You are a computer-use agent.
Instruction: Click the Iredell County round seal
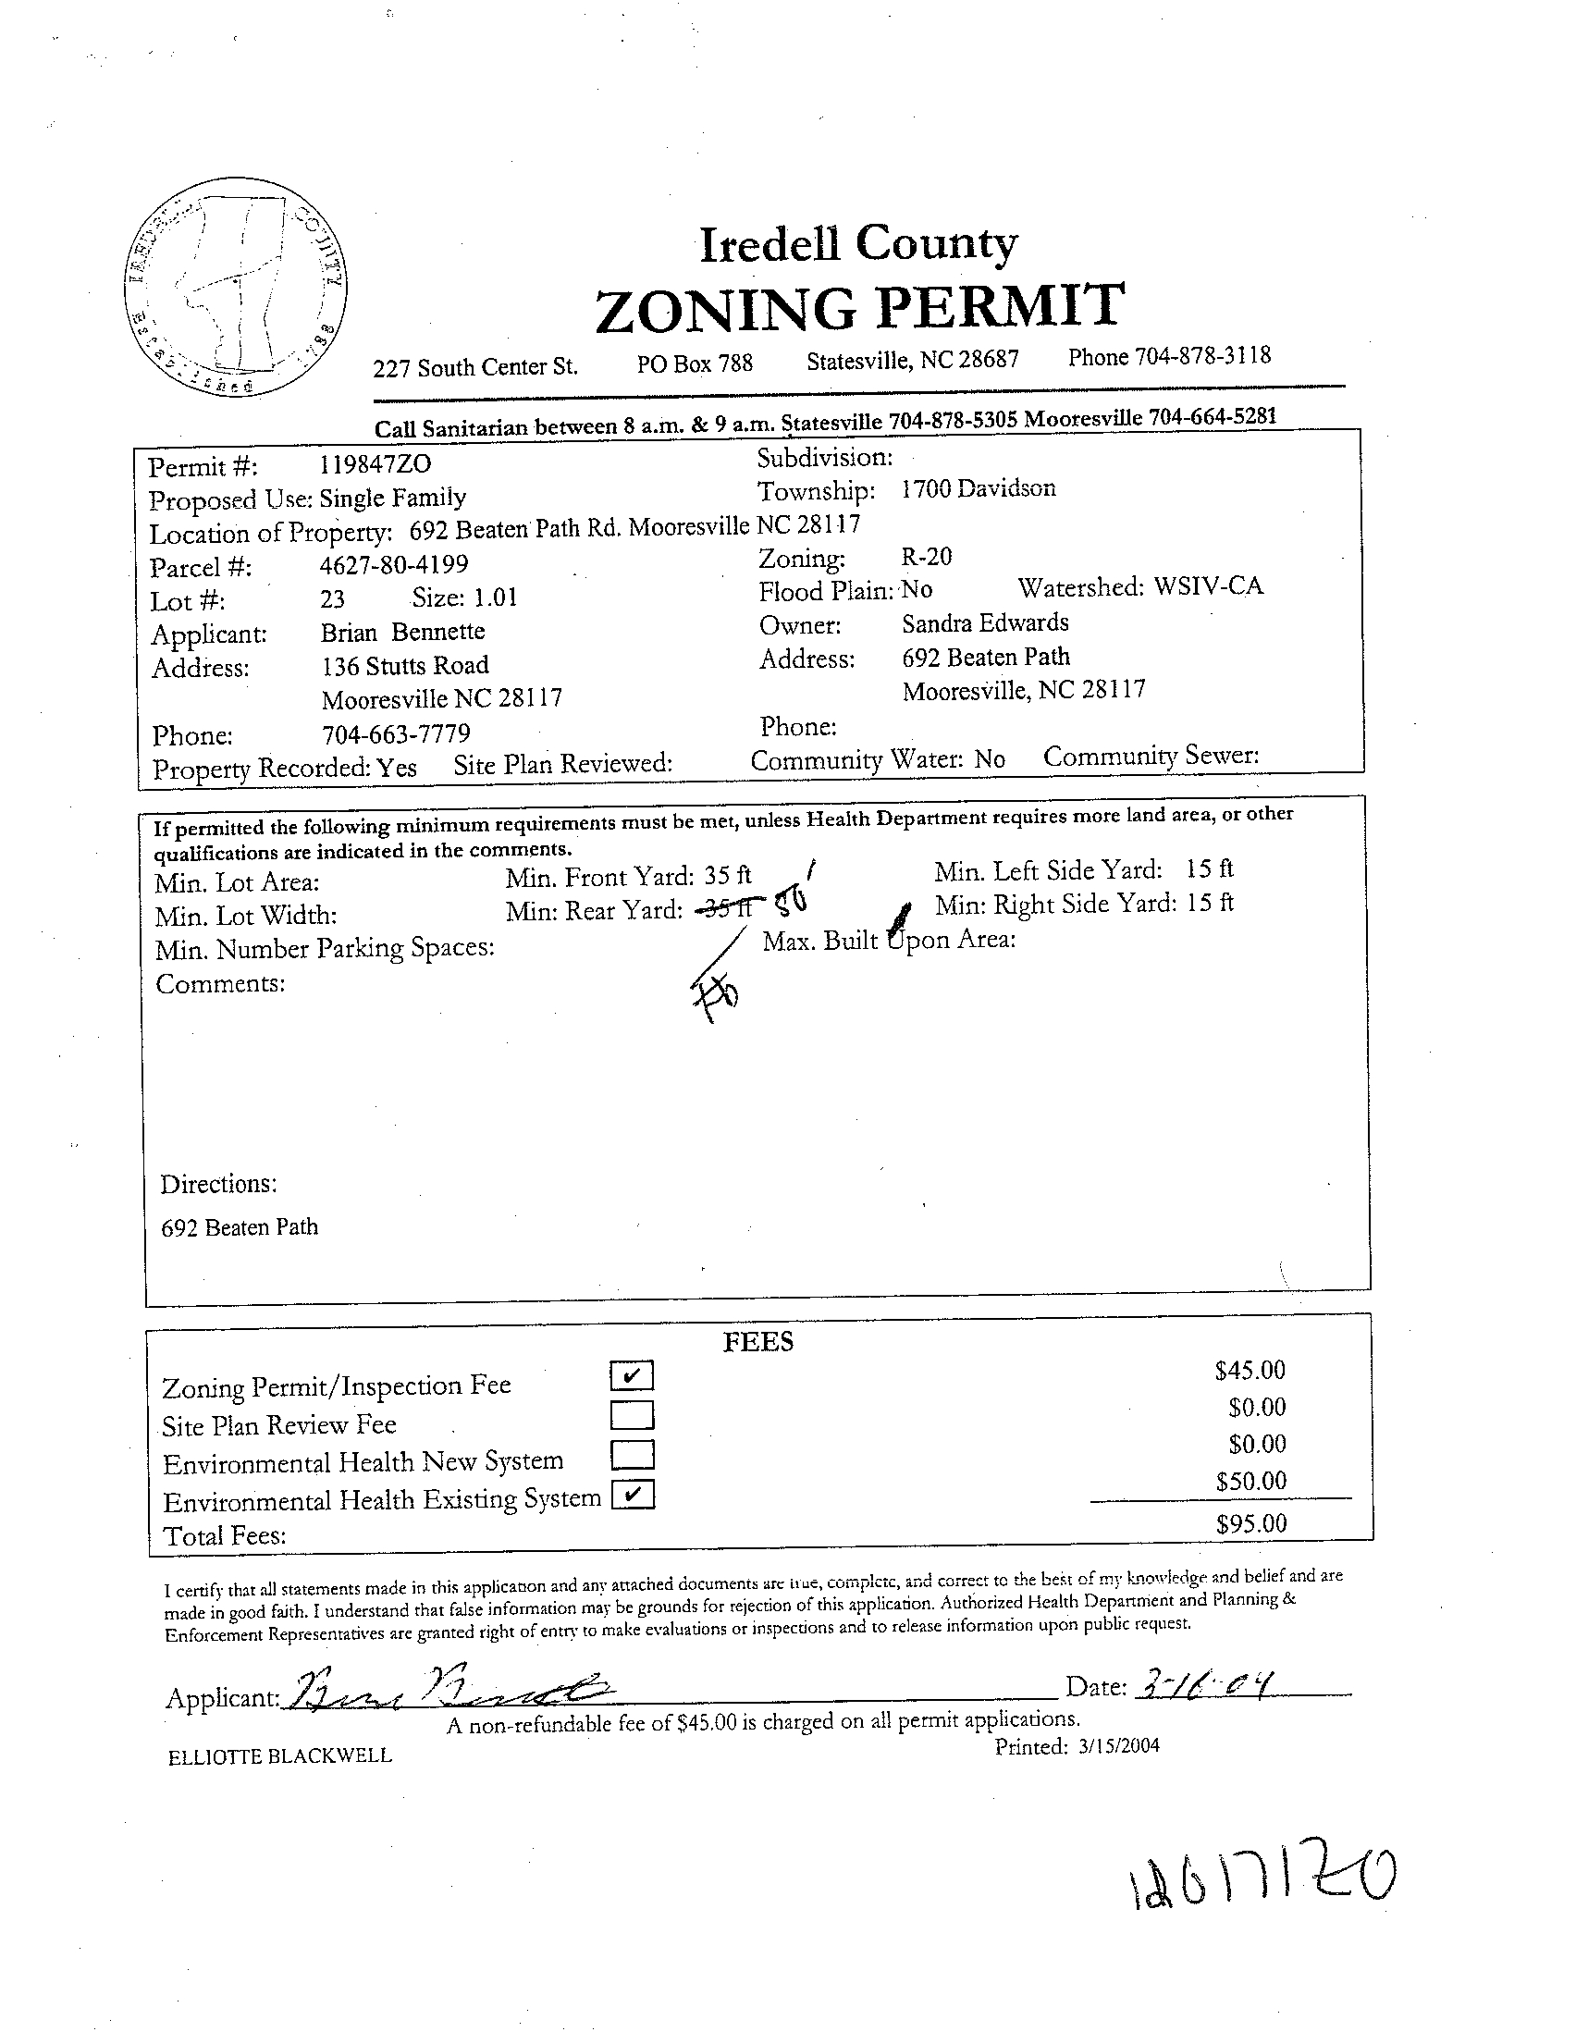239,286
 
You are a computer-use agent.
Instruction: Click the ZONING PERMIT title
857,308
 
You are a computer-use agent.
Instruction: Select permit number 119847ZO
369,463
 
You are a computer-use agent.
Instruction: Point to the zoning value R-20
926,558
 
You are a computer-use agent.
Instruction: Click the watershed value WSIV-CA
1208,586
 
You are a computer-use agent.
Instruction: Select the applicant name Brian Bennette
403,633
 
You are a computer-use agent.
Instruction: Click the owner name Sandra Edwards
984,622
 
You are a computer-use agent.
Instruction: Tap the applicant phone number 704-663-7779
396,734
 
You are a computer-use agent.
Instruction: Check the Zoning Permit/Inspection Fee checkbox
632,1375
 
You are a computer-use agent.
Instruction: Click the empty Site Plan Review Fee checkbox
632,1415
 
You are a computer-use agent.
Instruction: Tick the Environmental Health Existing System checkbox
633,1495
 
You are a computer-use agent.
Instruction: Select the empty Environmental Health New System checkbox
632,1454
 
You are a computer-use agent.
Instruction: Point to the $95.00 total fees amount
1250,1523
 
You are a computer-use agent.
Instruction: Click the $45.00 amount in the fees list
1250,1370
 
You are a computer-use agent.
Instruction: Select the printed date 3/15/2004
1118,1745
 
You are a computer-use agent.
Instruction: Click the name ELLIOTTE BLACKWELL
280,1756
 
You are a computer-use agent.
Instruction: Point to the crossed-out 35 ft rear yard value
728,908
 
